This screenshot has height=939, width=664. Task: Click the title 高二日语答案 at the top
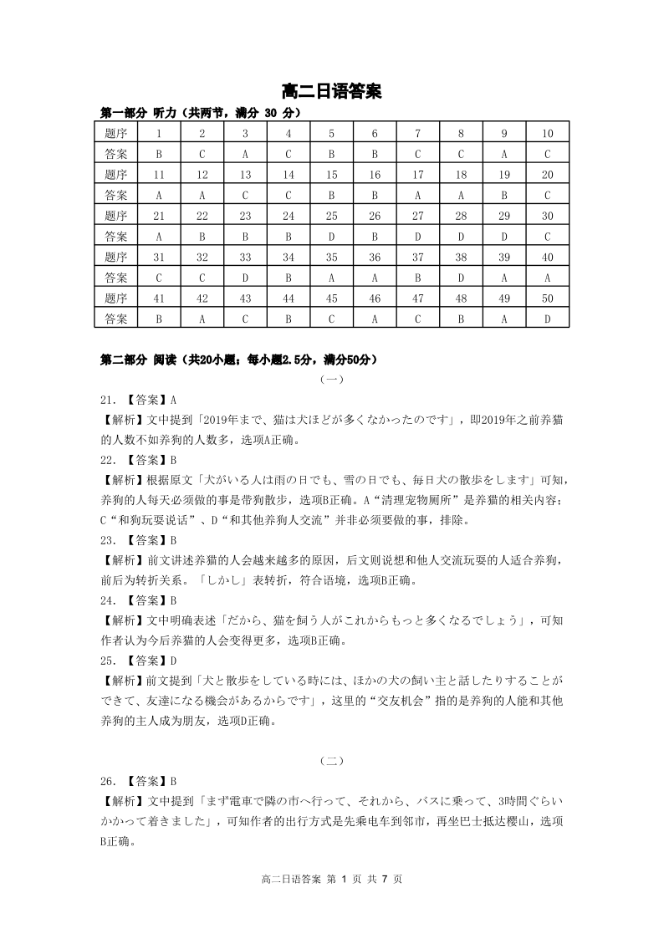click(332, 91)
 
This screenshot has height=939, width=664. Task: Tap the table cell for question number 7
click(418, 134)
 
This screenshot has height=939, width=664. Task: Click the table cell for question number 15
click(331, 175)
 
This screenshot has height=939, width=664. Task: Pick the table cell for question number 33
click(245, 257)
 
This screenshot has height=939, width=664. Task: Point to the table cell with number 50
click(548, 298)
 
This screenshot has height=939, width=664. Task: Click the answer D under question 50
click(548, 319)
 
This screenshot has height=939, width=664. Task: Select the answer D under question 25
click(331, 237)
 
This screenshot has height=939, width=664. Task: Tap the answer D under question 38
click(461, 278)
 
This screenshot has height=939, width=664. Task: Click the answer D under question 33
click(245, 278)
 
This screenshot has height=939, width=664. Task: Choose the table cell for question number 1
click(159, 134)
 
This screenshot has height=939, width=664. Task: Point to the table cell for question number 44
click(288, 298)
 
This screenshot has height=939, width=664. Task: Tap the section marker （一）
click(331, 380)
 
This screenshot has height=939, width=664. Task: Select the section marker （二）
click(331, 761)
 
